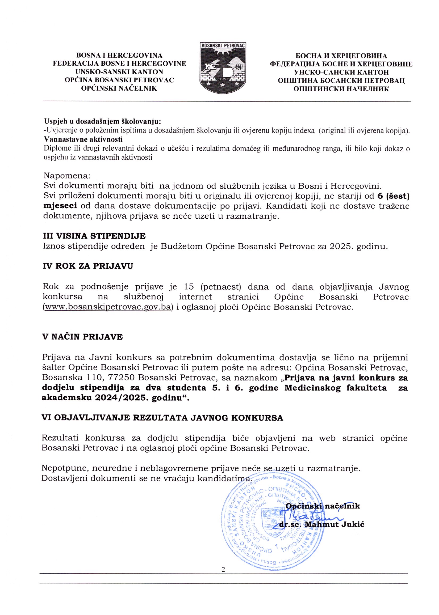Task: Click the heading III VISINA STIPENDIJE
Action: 95,236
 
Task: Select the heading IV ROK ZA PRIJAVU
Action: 88,266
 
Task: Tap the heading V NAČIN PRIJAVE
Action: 83,337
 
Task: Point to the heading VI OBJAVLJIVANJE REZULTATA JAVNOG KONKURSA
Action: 162,418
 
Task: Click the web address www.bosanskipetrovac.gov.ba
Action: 108,308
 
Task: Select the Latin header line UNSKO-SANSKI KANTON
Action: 119,72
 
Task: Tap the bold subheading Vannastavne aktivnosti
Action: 83,140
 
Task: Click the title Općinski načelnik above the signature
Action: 323,506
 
